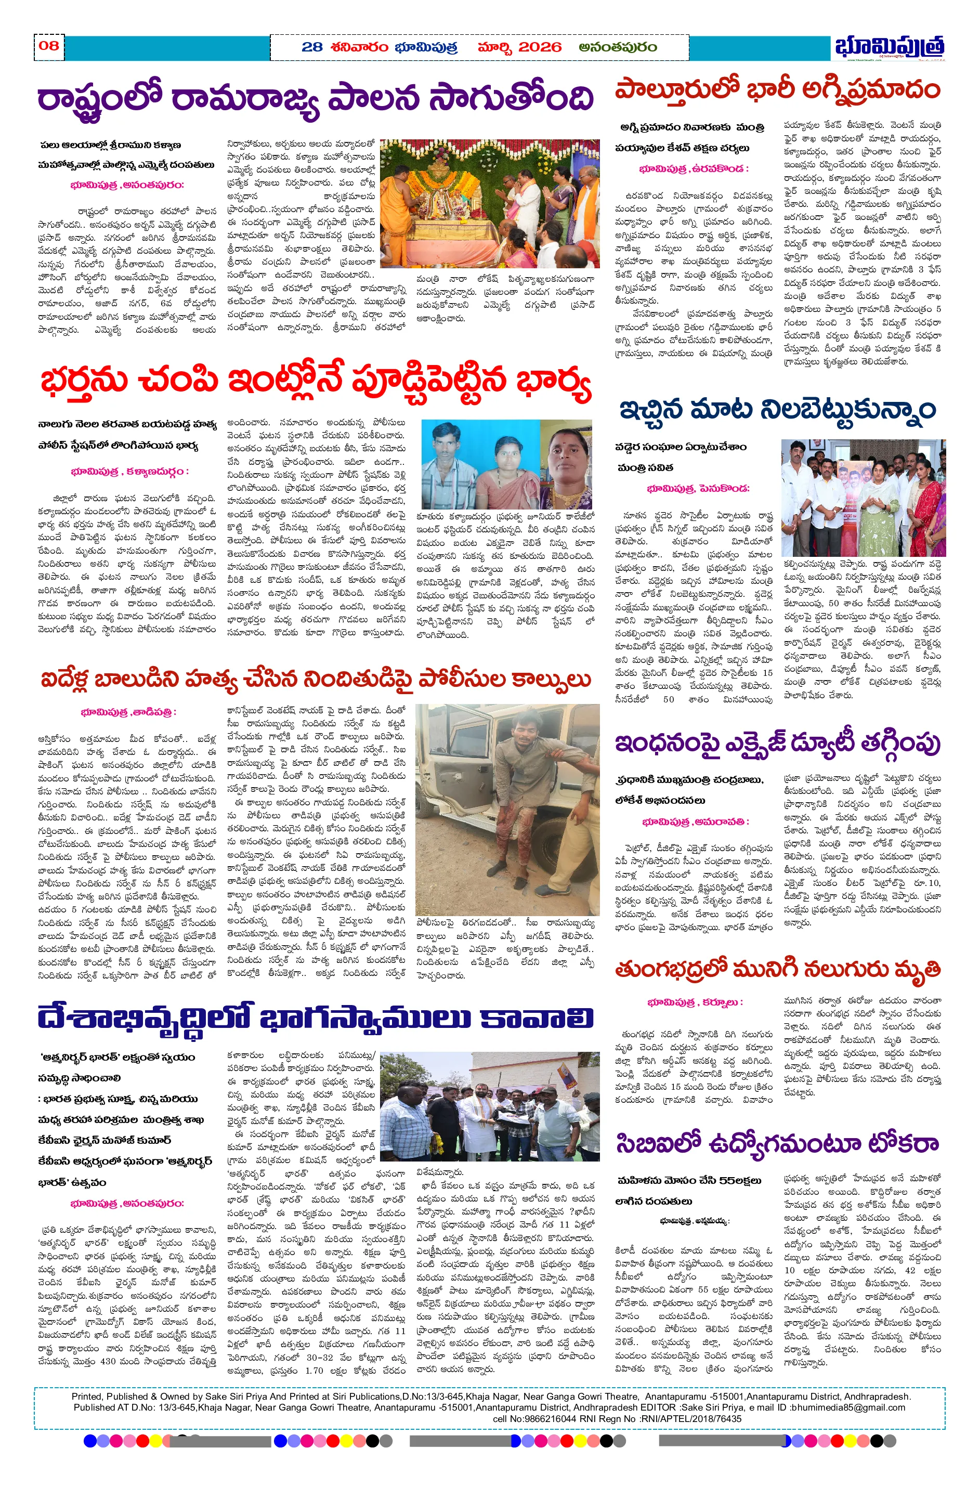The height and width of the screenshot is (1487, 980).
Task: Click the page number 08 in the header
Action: coord(49,46)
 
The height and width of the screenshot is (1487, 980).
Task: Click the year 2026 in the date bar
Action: coord(540,47)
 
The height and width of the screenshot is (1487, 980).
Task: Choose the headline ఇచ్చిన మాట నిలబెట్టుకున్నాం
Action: coord(777,411)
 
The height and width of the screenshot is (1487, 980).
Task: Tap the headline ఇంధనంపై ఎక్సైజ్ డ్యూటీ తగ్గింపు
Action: coord(777,744)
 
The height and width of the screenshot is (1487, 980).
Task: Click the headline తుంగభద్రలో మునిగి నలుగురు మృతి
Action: coord(777,970)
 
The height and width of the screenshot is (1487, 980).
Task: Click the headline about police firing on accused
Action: coord(315,680)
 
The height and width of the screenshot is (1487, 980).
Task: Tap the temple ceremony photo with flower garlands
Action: coord(489,203)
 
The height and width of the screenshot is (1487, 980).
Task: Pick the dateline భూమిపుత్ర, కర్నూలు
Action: coord(695,1002)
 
